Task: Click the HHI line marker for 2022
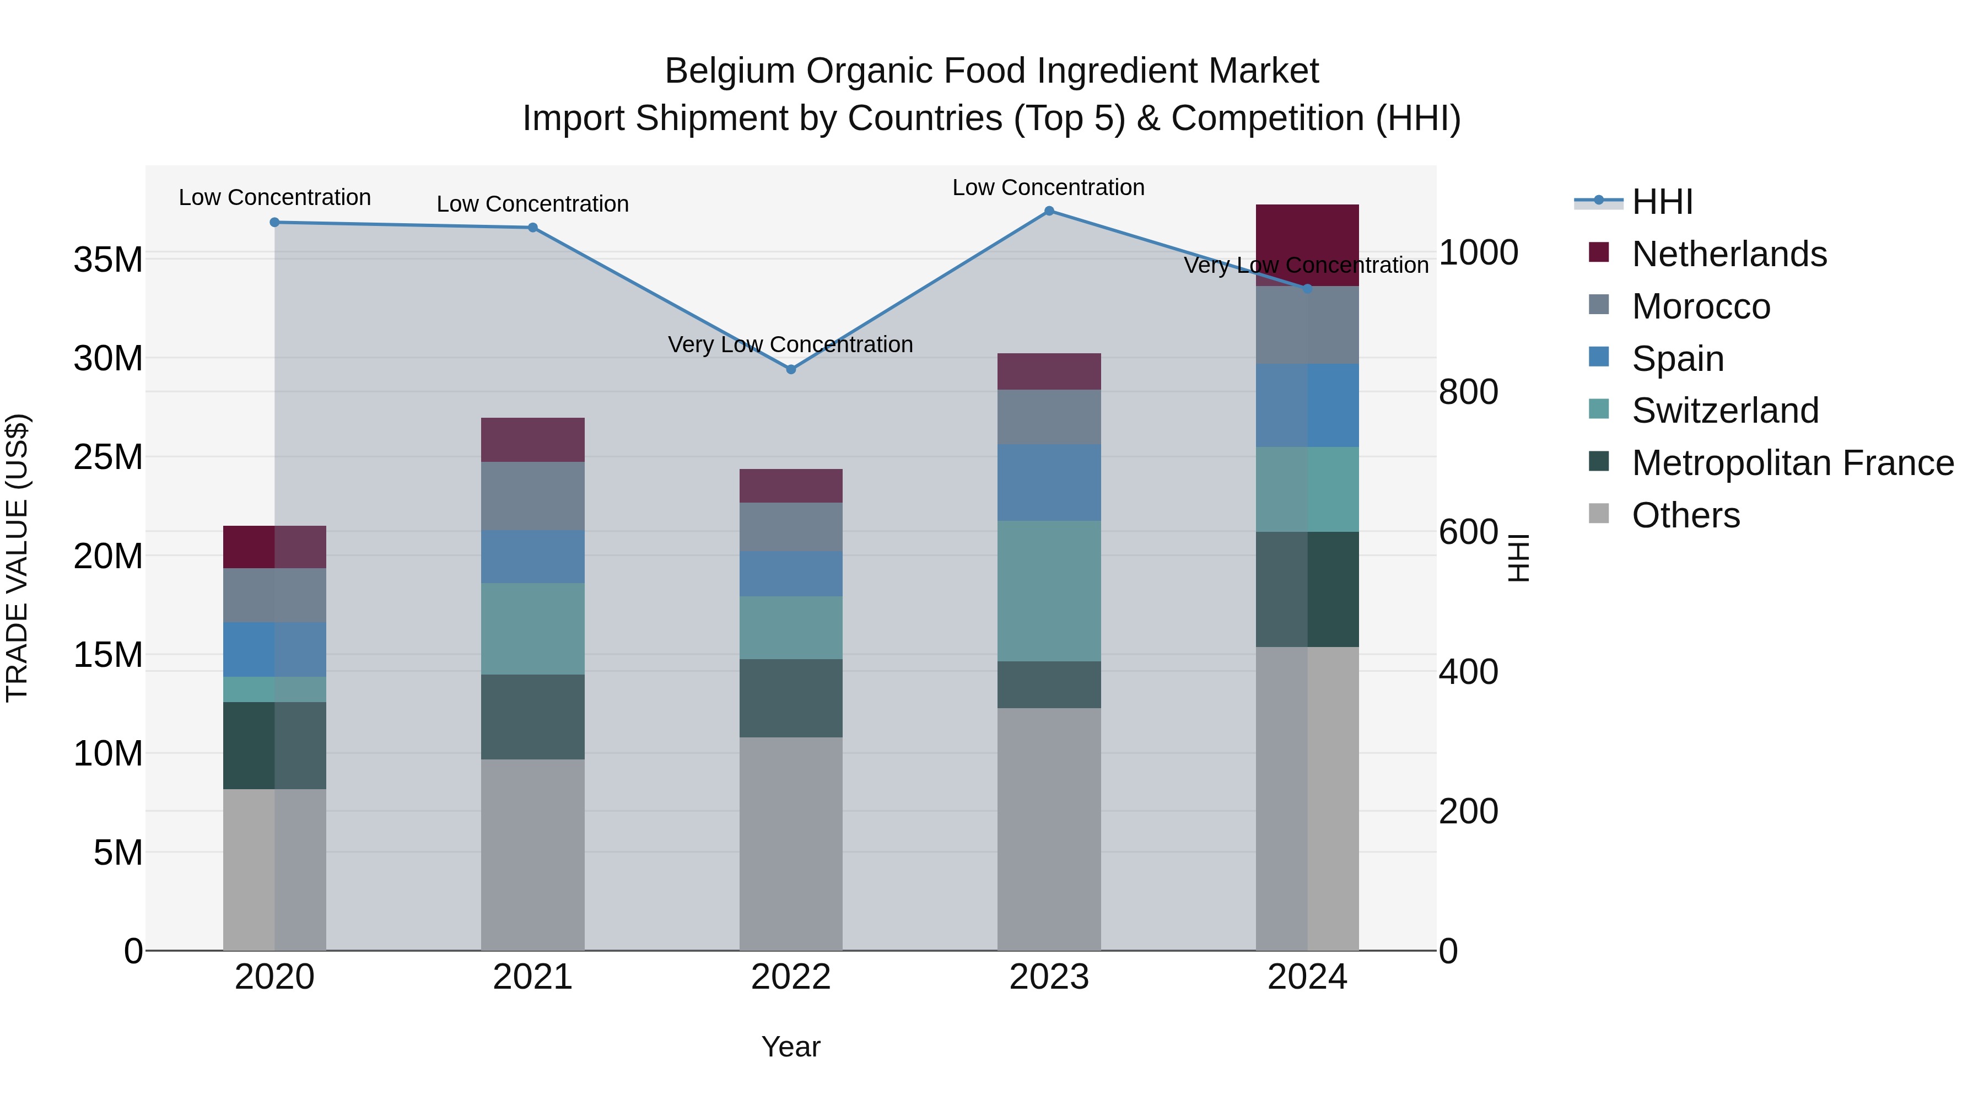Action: (x=790, y=370)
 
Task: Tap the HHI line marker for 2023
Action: (x=1049, y=211)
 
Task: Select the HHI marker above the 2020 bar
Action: (x=275, y=223)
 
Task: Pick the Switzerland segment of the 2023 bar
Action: (x=1049, y=591)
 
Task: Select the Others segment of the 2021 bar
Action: (x=532, y=855)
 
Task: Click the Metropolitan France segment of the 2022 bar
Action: (x=790, y=698)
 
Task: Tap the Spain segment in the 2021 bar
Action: (x=532, y=556)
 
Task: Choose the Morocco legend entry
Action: (x=1701, y=306)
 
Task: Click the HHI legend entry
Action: (x=1662, y=202)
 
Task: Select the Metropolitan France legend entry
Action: (x=1792, y=463)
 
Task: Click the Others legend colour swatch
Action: (x=1598, y=514)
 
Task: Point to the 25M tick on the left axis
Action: (x=108, y=457)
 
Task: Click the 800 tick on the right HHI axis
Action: (x=1468, y=392)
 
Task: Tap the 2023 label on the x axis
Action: (x=1049, y=977)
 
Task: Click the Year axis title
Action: (x=790, y=1047)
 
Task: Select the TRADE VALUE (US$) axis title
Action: (x=17, y=558)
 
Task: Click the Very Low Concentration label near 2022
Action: (x=790, y=344)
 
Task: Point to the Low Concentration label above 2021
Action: (x=532, y=204)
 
